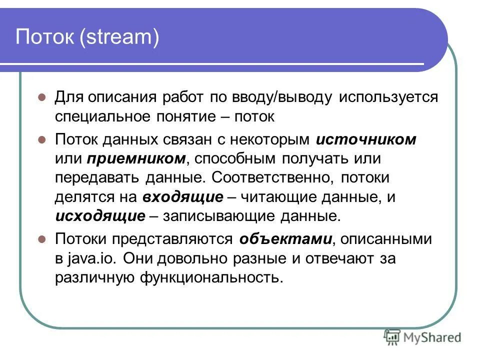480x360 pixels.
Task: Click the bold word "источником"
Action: [366, 139]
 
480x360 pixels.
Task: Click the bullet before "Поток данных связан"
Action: [42, 139]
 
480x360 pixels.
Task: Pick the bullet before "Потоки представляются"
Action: [42, 238]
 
